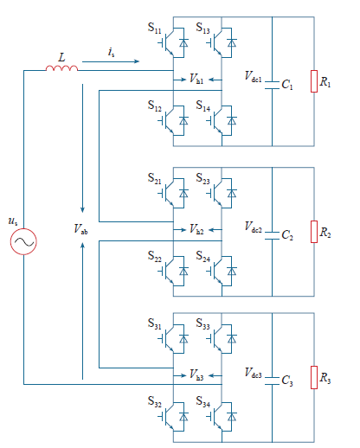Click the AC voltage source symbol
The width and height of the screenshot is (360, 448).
point(23,241)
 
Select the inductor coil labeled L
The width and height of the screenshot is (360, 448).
point(61,68)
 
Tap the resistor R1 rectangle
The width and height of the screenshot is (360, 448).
point(314,81)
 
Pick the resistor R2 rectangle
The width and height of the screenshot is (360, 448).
point(314,232)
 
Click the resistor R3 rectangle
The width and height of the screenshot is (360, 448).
point(314,377)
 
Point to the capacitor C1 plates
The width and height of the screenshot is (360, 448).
point(272,85)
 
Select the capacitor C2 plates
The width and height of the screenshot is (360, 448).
point(272,235)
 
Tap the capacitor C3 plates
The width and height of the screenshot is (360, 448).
point(272,381)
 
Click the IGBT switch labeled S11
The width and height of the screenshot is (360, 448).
point(173,42)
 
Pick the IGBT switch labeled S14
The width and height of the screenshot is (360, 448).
point(222,120)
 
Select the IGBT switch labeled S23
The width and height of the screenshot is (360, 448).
point(222,193)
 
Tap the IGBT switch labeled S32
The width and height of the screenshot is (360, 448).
point(173,417)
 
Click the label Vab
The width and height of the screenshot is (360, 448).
point(80,229)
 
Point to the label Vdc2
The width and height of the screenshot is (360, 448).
point(254,227)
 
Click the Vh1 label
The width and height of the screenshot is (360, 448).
point(196,79)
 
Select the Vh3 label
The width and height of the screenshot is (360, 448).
point(196,374)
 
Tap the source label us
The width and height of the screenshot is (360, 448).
point(13,221)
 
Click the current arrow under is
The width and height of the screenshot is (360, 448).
point(111,61)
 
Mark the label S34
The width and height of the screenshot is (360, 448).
point(203,401)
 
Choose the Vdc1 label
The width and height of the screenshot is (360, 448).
point(254,77)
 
